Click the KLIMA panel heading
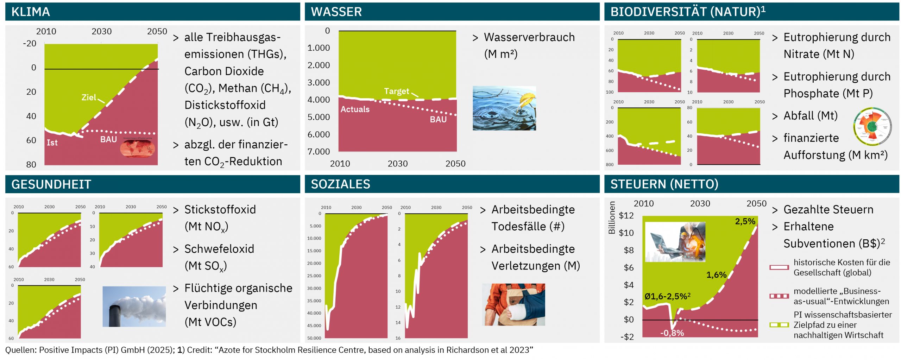(31, 12)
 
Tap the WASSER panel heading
(336, 12)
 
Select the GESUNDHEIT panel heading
(51, 184)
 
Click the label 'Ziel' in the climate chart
(89, 97)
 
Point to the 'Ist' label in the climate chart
(52, 143)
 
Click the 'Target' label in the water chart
(396, 91)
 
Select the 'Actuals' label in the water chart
(355, 109)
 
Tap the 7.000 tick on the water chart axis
(319, 152)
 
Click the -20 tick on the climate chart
(30, 44)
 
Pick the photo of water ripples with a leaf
(504, 108)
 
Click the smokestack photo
(134, 306)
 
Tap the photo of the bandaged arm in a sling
(513, 304)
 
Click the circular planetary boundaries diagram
(872, 126)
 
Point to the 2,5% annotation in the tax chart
(745, 221)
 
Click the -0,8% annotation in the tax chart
(672, 333)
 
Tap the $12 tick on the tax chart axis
(626, 215)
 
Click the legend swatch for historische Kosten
(779, 267)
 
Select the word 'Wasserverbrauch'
(529, 37)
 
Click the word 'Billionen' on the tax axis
(612, 217)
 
